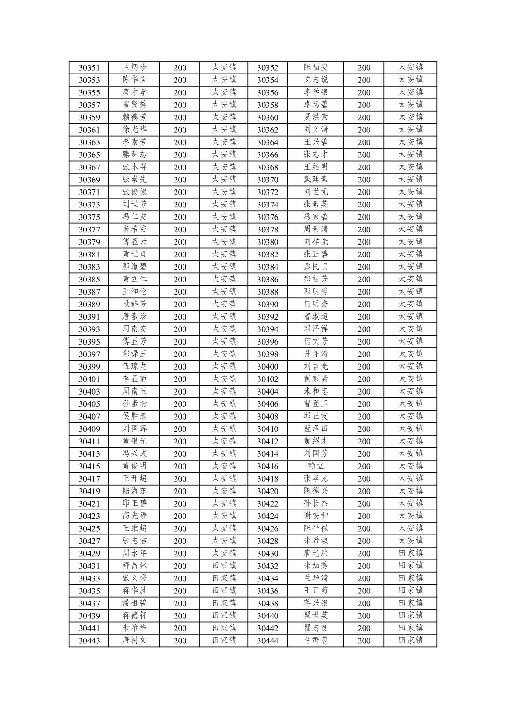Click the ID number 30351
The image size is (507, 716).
pyautogui.click(x=89, y=68)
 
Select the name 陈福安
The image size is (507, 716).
pyautogui.click(x=316, y=67)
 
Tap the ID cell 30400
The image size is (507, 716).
pyautogui.click(x=267, y=367)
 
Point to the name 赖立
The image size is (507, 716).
pyautogui.click(x=316, y=466)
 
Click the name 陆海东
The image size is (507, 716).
pyautogui.click(x=134, y=491)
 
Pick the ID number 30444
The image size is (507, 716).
pyautogui.click(x=267, y=641)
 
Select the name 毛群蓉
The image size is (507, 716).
pyautogui.click(x=316, y=641)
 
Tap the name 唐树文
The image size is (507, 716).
pyautogui.click(x=134, y=641)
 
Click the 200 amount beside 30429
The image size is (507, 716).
pyautogui.click(x=180, y=554)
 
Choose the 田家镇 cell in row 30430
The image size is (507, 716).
pyautogui.click(x=410, y=553)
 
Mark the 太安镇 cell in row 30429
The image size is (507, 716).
pyautogui.click(x=224, y=553)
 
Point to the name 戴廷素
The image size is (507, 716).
pyautogui.click(x=316, y=180)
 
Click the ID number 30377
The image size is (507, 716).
pyautogui.click(x=89, y=230)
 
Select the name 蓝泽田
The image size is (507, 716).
pyautogui.click(x=316, y=429)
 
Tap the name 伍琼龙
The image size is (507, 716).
pyautogui.click(x=134, y=366)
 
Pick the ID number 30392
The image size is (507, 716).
pyautogui.click(x=267, y=317)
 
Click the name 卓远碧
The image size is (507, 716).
pyautogui.click(x=316, y=105)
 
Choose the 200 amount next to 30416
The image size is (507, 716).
pyautogui.click(x=364, y=467)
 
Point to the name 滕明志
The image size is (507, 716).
pyautogui.click(x=134, y=155)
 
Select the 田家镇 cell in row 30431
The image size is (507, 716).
pyautogui.click(x=224, y=566)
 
